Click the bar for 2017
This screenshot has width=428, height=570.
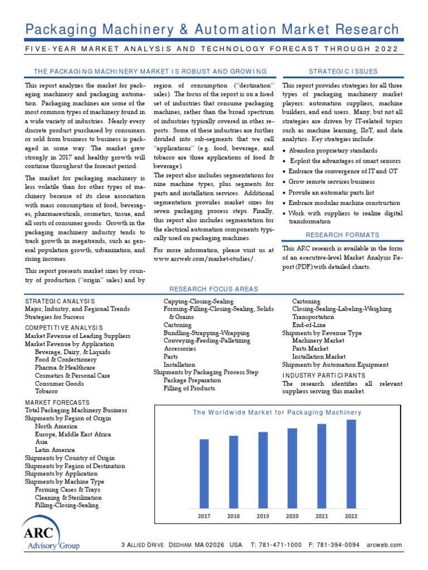(x=205, y=473)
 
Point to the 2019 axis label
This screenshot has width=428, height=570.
(x=262, y=516)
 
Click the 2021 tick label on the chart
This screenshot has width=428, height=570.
(x=322, y=516)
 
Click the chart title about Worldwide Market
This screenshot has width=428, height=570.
(x=277, y=412)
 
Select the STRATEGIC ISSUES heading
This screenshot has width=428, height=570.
(x=343, y=71)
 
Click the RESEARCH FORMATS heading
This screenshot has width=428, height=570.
(x=343, y=235)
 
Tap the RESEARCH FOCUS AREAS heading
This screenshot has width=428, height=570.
(x=213, y=289)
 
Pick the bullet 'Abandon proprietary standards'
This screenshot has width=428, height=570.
(x=333, y=150)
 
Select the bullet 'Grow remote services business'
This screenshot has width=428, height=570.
(x=331, y=181)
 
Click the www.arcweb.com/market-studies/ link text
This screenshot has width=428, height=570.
(x=205, y=259)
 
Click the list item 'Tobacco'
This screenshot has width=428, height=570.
(x=46, y=391)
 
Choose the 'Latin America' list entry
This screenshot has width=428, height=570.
(x=55, y=450)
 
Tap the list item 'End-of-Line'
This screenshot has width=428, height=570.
(x=309, y=325)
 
